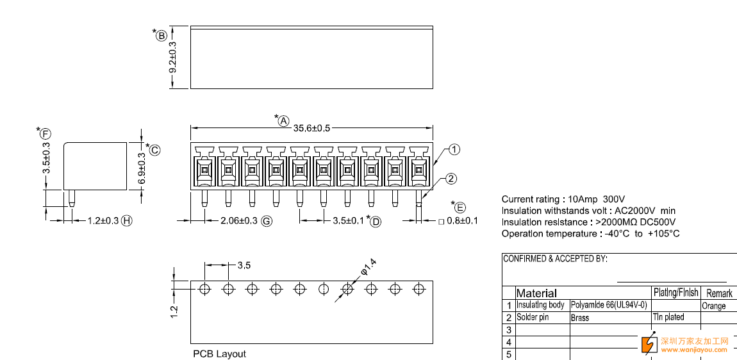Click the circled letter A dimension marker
point(283,121)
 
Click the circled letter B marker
point(161,35)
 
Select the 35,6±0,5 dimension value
point(312,127)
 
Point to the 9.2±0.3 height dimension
point(173,56)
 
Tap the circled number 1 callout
point(454,149)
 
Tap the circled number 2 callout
point(451,179)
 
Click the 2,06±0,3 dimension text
point(239,220)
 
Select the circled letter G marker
point(267,221)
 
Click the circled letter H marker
point(126,220)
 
